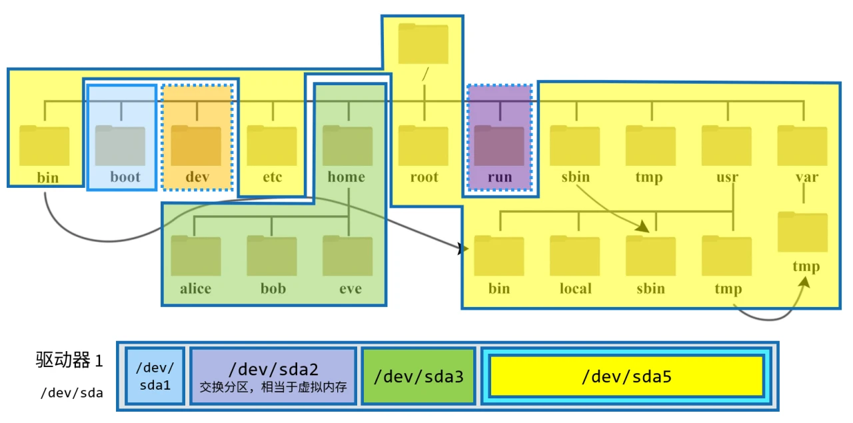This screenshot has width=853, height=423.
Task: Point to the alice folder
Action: [x=196, y=256]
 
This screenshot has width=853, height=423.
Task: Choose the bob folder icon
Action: [x=272, y=256]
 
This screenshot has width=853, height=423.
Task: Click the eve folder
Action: [x=348, y=256]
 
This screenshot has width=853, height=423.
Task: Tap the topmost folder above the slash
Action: [x=424, y=44]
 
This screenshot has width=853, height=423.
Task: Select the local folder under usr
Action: [x=575, y=256]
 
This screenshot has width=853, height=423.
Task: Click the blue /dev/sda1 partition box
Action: [x=155, y=376]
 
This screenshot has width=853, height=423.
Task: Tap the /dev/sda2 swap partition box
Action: [x=273, y=376]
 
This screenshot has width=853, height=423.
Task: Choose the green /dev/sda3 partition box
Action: [x=419, y=376]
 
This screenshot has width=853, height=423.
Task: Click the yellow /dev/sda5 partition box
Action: [x=626, y=376]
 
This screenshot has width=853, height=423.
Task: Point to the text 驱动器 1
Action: [x=69, y=361]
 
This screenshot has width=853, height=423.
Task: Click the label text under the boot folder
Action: [x=125, y=177]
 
